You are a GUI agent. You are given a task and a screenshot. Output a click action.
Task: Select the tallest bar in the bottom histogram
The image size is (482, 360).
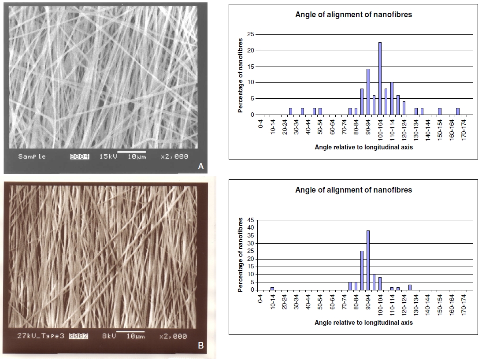click(x=368, y=260)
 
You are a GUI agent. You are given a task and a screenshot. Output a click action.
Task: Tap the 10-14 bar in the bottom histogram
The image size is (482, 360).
click(x=272, y=289)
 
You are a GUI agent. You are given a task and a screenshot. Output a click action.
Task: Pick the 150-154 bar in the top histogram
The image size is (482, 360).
click(x=439, y=111)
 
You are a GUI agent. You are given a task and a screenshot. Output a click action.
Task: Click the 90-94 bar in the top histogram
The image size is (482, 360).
click(x=368, y=92)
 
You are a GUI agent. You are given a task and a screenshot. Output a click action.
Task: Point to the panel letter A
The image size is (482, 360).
click(x=201, y=167)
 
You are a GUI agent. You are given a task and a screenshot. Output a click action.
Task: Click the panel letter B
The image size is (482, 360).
click(x=201, y=346)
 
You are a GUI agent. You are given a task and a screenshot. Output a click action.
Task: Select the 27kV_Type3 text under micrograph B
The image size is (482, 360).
click(x=41, y=336)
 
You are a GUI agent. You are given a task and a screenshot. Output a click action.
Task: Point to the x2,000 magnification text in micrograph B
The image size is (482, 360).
click(x=173, y=336)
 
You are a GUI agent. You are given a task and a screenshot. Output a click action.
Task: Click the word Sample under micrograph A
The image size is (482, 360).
click(x=32, y=156)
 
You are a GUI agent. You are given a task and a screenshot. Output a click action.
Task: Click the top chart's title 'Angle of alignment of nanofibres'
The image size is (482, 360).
click(x=353, y=15)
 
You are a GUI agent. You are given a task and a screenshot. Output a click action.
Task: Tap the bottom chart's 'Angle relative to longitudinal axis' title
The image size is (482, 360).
click(x=363, y=323)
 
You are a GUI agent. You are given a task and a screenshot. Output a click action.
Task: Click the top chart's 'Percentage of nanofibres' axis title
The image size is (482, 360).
click(x=241, y=75)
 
